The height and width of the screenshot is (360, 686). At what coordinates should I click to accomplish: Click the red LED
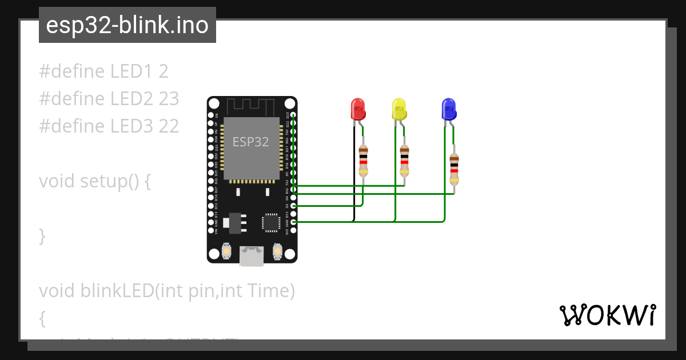(x=357, y=109)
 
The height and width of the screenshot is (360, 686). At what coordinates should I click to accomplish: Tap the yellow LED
(x=398, y=109)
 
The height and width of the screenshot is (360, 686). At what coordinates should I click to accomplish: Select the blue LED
(x=449, y=109)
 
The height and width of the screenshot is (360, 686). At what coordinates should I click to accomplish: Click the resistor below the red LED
(x=363, y=161)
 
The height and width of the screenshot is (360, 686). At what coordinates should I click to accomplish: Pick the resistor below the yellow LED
(x=405, y=161)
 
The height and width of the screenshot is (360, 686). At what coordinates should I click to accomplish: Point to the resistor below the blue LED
(x=454, y=169)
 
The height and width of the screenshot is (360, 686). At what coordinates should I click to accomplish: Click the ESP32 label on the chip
(x=250, y=142)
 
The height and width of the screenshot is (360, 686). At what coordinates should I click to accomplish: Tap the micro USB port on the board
(x=252, y=255)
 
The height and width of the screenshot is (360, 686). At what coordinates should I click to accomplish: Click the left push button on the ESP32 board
(x=226, y=251)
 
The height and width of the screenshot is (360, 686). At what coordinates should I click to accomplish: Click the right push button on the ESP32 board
(x=278, y=251)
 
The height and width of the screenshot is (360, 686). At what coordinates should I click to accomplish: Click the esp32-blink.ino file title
(x=127, y=25)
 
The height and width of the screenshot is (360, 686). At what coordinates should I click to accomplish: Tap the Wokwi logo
(x=607, y=315)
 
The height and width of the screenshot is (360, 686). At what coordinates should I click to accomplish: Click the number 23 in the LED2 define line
(x=169, y=99)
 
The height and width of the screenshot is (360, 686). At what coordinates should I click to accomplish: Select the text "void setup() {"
(x=95, y=181)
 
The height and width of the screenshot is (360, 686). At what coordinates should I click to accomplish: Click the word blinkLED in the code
(x=118, y=291)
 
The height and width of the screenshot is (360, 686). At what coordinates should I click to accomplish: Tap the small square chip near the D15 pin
(x=270, y=222)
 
